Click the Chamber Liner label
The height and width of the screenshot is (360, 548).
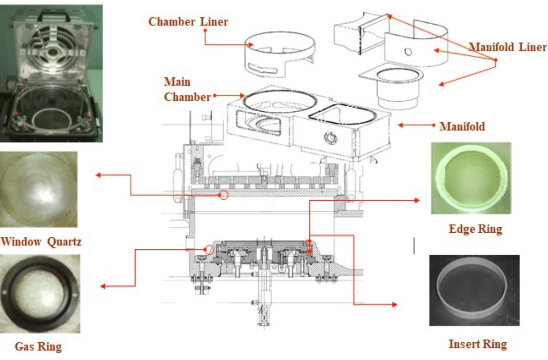tap(188, 22)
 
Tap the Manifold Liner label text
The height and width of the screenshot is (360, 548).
tap(507, 47)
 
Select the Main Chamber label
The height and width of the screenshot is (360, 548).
tap(187, 89)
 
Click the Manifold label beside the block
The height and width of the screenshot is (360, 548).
tap(462, 127)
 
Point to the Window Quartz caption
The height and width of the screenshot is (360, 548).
tap(41, 242)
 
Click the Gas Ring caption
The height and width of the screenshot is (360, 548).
tap(38, 346)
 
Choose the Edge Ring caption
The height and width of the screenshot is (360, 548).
tap(475, 229)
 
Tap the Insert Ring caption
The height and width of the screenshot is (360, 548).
tap(477, 344)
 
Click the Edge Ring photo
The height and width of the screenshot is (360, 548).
tap(471, 178)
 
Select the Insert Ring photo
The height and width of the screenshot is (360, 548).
tap(474, 290)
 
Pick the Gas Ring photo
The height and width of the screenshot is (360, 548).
tap(40, 294)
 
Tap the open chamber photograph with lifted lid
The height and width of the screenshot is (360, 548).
tap(51, 73)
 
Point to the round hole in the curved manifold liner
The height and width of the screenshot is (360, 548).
tap(408, 52)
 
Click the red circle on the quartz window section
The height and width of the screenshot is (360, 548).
tap(224, 194)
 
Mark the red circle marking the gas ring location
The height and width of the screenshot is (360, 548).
tap(209, 250)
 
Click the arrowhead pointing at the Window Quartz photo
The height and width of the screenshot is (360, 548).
tap(99, 175)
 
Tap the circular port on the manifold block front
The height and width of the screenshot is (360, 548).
tap(329, 136)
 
